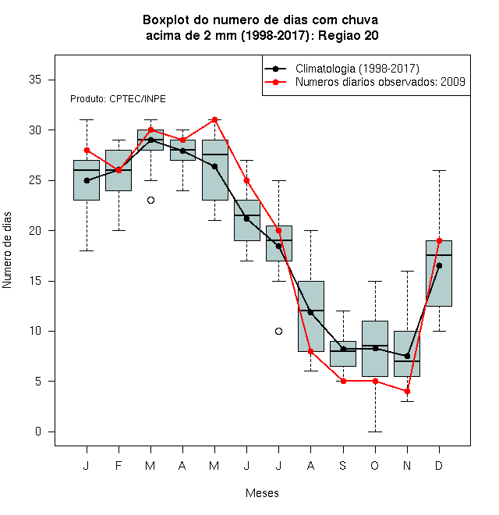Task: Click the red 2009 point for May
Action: (x=214, y=120)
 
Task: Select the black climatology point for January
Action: (x=87, y=181)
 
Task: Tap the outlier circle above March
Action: (x=150, y=200)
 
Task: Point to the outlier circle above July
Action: (x=278, y=331)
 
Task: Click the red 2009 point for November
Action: (x=407, y=392)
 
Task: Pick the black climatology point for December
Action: (x=439, y=266)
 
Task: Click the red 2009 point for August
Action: (x=310, y=351)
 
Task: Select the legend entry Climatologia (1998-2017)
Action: (x=342, y=69)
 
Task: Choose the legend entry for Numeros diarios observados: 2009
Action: (x=365, y=82)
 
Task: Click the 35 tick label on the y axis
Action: (x=35, y=80)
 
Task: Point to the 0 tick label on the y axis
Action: (x=38, y=432)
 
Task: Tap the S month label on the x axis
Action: (x=343, y=465)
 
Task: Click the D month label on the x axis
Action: (x=439, y=465)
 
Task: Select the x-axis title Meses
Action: (x=262, y=493)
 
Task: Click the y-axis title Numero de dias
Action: (x=7, y=250)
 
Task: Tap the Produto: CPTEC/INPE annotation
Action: (x=118, y=99)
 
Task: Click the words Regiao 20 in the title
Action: (x=348, y=35)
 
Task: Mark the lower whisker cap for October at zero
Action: (x=375, y=432)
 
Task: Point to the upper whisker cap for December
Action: (x=439, y=170)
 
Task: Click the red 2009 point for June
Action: (x=246, y=181)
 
